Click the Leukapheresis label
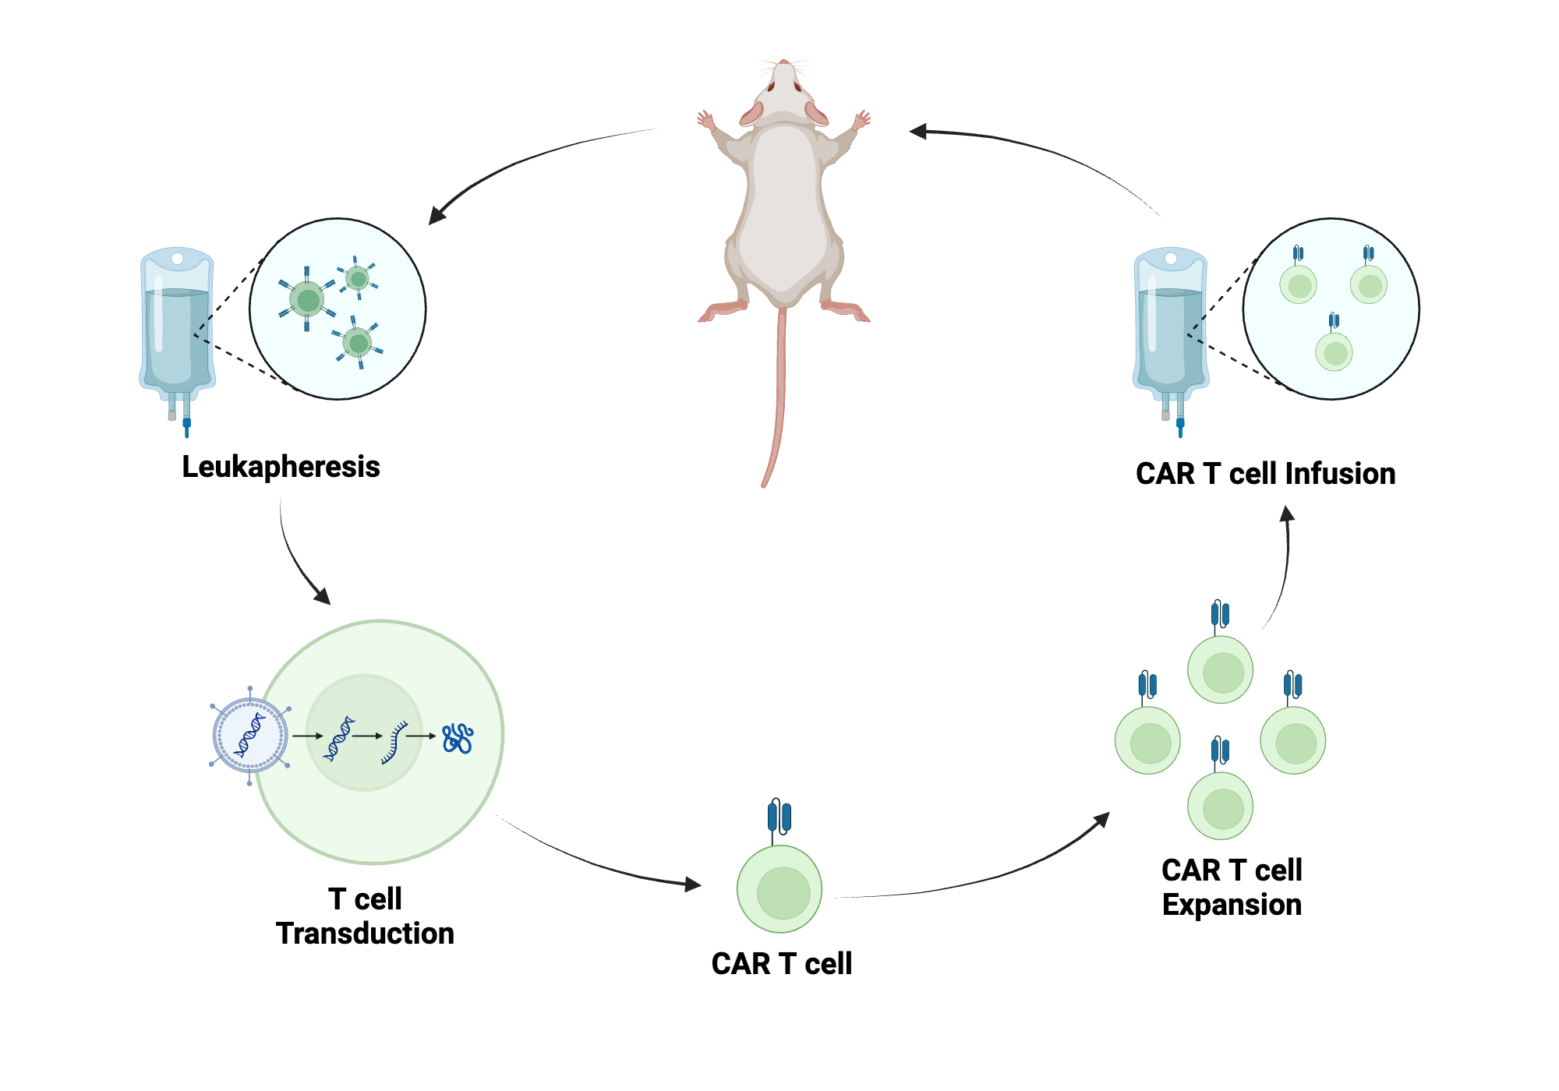(281, 467)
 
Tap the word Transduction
(365, 934)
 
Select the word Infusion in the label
(1340, 474)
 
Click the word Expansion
(1232, 905)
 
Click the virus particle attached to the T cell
(250, 735)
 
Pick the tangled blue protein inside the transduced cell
(458, 738)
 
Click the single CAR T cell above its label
(779, 888)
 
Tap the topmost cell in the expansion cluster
(1221, 669)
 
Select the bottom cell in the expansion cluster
(1221, 806)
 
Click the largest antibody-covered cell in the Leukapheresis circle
(308, 299)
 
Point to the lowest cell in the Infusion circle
(1334, 352)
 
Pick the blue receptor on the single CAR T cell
(779, 817)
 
